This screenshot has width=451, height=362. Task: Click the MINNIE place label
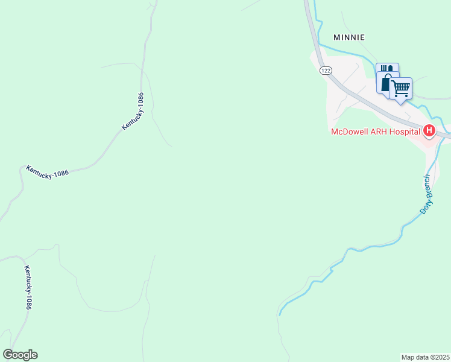coord(350,37)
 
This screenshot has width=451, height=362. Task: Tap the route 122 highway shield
coord(326,71)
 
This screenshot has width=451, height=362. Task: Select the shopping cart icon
coord(401,89)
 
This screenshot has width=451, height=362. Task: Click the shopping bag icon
coord(386,83)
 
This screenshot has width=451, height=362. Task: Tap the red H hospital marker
coord(429,130)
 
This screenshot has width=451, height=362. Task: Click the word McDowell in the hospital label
coord(350,131)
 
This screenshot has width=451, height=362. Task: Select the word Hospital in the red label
coord(406,131)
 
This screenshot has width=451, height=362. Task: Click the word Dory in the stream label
coord(425,206)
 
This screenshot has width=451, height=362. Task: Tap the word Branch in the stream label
coord(428,187)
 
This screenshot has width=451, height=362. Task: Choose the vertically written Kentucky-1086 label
coord(28,287)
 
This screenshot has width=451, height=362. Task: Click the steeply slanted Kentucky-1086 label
coord(133,111)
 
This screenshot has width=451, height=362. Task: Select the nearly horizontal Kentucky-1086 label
coord(47,171)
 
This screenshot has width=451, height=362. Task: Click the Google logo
coord(20,355)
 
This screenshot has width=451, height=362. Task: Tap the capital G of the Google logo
coord(8,355)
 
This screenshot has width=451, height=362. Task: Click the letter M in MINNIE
coord(337,37)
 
